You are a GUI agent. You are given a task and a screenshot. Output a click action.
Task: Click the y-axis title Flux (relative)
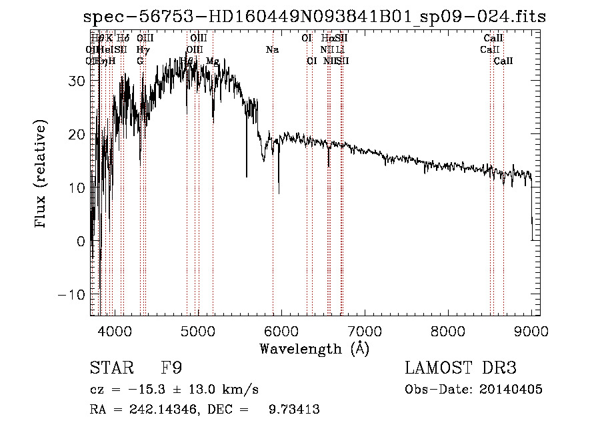tap(42, 174)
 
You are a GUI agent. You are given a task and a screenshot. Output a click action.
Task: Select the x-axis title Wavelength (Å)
tap(314, 348)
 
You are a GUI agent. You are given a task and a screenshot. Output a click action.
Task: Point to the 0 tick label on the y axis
tap(80, 242)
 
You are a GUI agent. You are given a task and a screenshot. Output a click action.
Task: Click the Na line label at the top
tap(272, 50)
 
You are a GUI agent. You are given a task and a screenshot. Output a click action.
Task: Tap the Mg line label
tap(213, 61)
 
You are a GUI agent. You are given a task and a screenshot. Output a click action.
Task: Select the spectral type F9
tap(171, 368)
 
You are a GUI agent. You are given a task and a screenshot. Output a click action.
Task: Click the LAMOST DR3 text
tap(461, 368)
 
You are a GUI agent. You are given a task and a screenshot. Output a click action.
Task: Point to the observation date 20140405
tap(513, 390)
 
